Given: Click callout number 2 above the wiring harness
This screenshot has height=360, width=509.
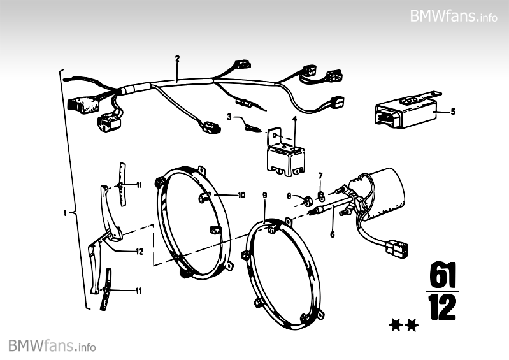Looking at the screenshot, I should [x=177, y=59].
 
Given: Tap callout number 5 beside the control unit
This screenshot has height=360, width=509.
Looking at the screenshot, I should [x=453, y=112].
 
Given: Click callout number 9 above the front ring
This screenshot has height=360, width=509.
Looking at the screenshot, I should [x=264, y=194].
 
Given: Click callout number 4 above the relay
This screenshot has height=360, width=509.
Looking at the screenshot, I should [x=295, y=119].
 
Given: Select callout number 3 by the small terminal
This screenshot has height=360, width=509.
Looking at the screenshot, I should [x=229, y=116].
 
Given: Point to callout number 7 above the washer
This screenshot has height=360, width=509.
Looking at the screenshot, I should [x=320, y=175].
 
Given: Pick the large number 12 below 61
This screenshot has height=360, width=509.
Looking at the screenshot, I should [x=440, y=307].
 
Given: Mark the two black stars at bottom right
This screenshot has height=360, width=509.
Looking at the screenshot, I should [x=403, y=326].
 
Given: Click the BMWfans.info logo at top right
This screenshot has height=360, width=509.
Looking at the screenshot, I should [x=454, y=16].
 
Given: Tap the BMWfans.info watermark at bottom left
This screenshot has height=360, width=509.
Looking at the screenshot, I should [x=52, y=346].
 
